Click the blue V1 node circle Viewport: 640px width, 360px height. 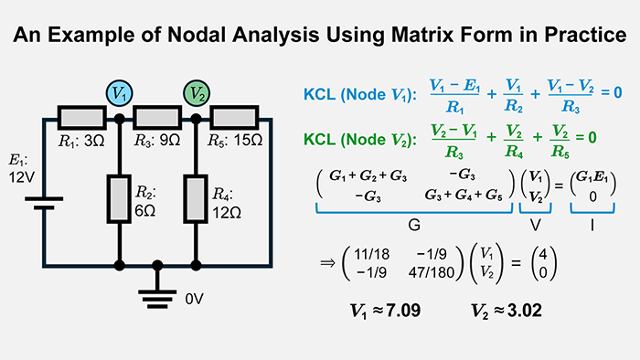pos(119,94)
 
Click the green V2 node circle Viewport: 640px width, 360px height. pos(197,94)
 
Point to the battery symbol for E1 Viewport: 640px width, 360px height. pos(44,195)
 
